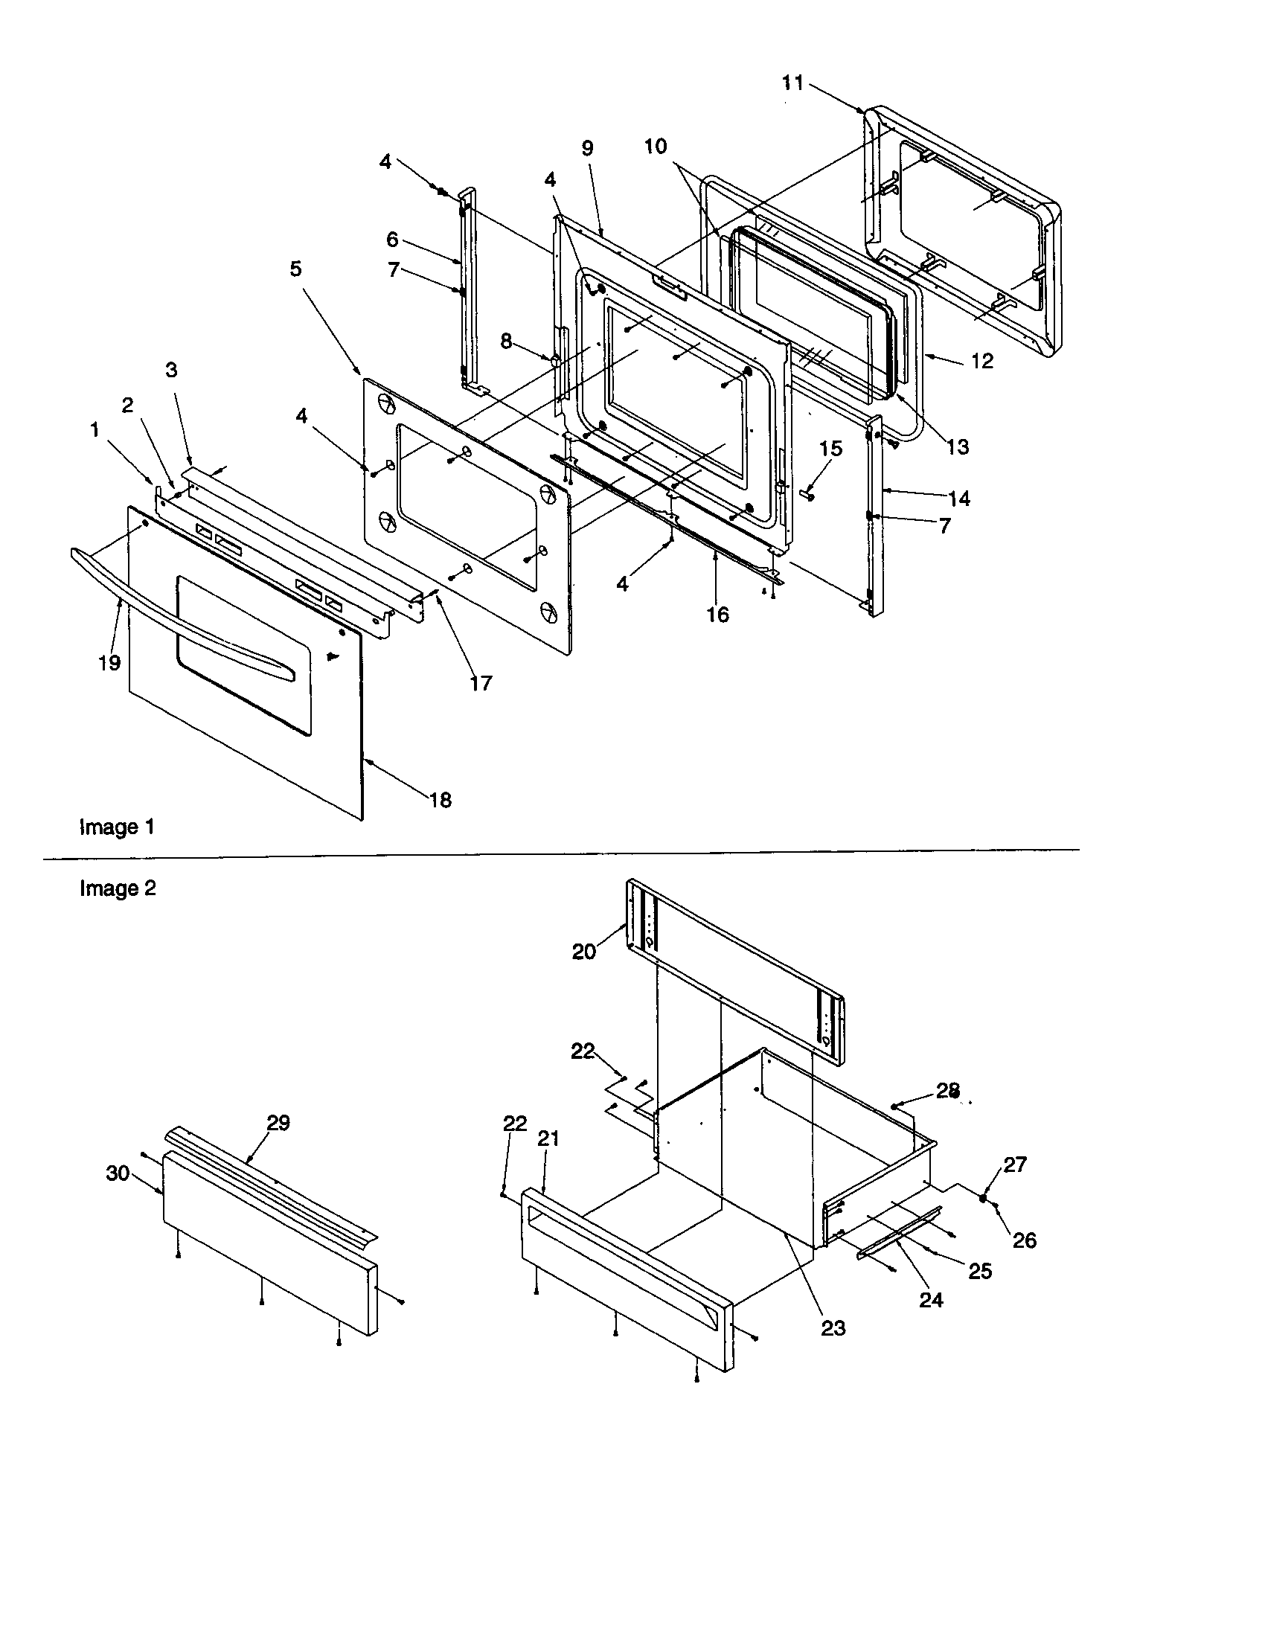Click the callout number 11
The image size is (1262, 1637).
click(792, 83)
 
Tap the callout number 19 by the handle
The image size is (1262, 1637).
click(109, 662)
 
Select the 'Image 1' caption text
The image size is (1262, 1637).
click(117, 827)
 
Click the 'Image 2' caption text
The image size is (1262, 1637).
click(118, 888)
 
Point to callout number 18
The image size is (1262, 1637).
click(440, 801)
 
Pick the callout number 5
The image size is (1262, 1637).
click(296, 269)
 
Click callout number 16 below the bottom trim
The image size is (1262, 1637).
click(717, 615)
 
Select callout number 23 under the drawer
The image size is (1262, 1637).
click(833, 1328)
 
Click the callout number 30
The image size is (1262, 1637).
click(118, 1173)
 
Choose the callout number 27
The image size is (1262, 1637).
click(1015, 1164)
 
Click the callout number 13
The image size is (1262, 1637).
click(958, 447)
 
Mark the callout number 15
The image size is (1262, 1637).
click(830, 448)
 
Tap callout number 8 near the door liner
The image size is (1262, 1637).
click(507, 342)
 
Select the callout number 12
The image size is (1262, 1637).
click(981, 362)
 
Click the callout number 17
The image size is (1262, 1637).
click(481, 683)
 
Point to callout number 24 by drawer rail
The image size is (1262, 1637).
click(931, 1300)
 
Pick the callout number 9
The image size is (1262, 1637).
click(587, 148)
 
